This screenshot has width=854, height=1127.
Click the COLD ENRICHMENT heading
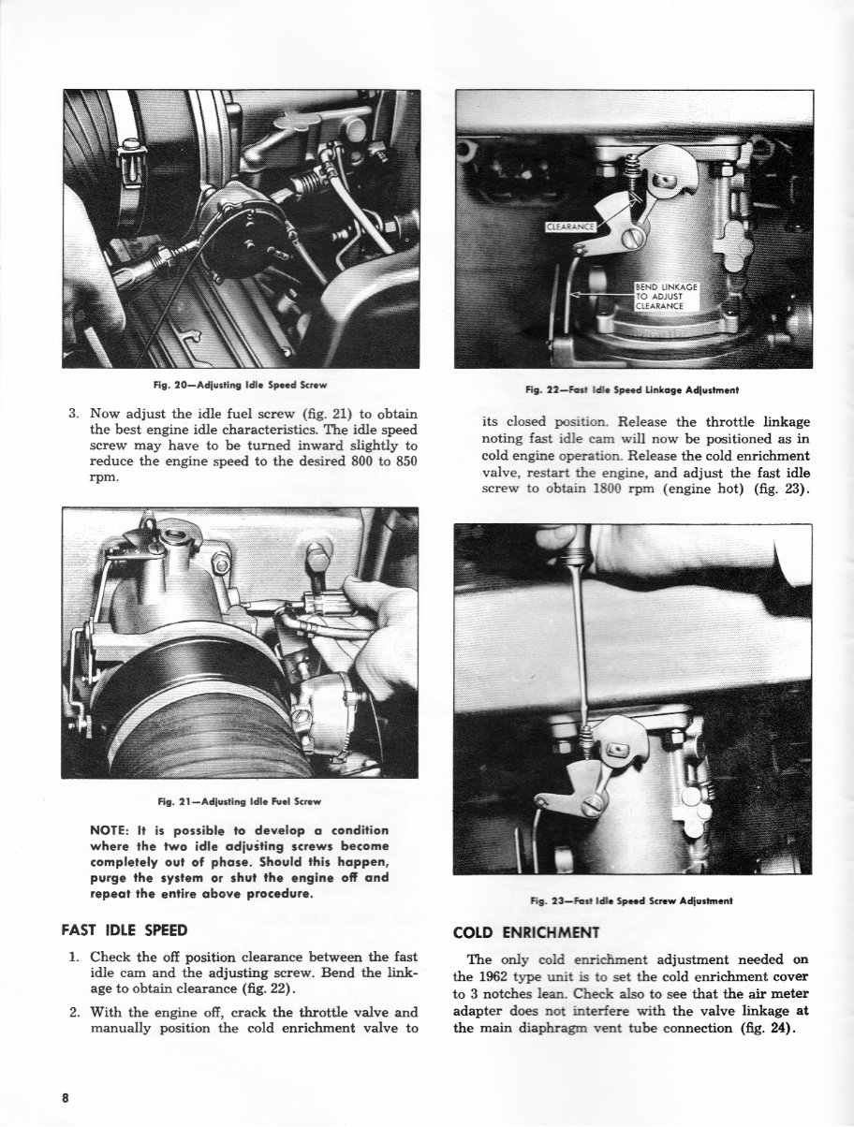525,932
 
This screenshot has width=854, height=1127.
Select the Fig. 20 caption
241,385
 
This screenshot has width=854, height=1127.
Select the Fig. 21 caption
241,801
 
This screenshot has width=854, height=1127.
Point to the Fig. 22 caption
632,389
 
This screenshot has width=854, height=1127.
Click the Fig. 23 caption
632,900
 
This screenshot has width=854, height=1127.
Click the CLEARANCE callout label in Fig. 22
570,226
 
